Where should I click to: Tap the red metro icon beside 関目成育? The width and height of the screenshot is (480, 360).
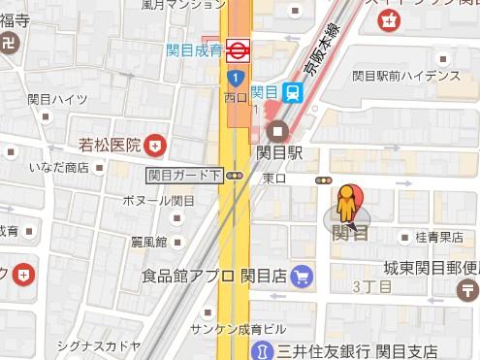[x=237, y=48]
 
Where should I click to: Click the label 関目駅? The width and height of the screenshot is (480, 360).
[x=281, y=152]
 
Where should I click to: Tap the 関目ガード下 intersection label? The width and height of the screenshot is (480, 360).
[x=184, y=176]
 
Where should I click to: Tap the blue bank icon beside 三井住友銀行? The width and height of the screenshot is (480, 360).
[x=261, y=349]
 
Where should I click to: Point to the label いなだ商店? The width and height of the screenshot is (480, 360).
[x=58, y=167]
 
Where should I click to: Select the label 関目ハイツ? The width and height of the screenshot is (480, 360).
[x=57, y=99]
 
